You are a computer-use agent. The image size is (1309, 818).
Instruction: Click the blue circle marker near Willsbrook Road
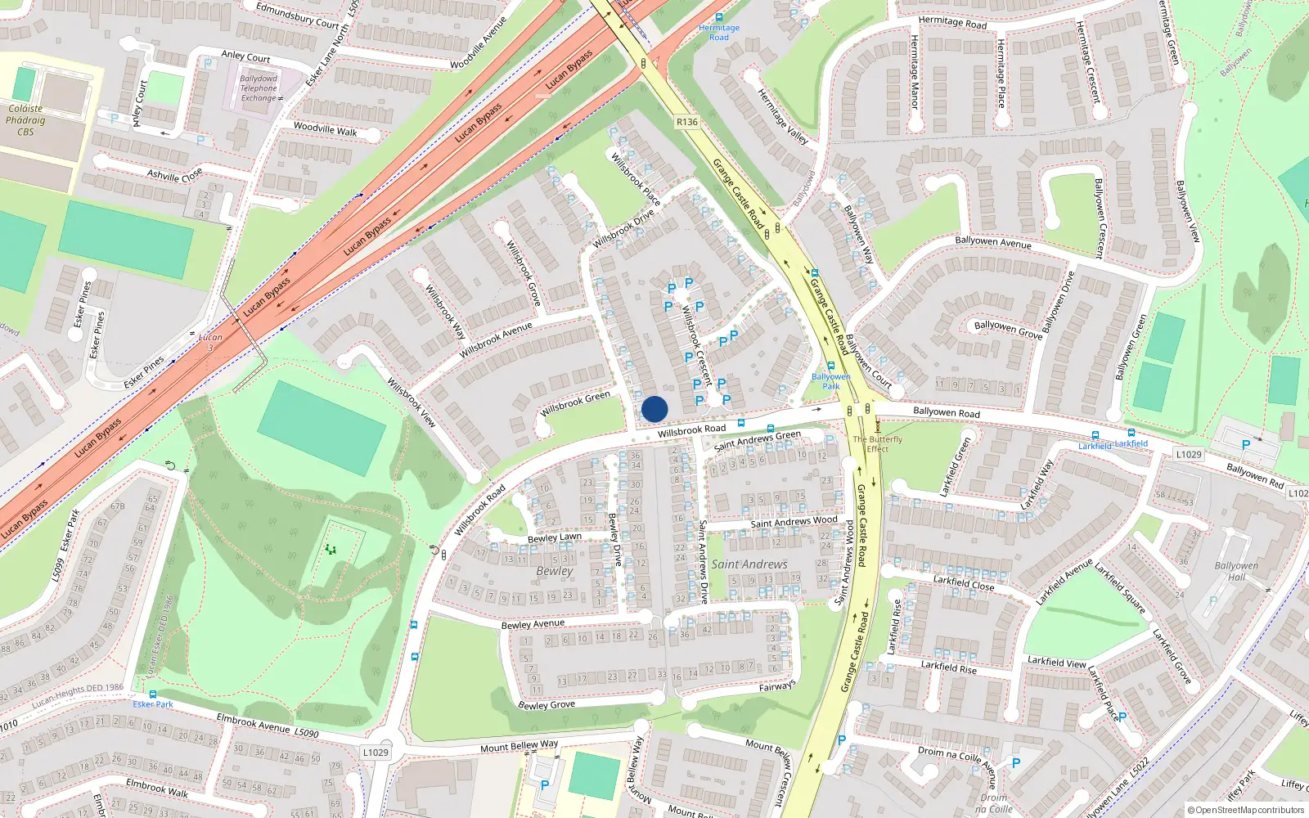pyautogui.click(x=654, y=409)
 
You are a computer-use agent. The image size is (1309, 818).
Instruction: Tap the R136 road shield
pyautogui.click(x=687, y=122)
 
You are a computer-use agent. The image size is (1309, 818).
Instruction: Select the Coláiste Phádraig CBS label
pyautogui.click(x=25, y=119)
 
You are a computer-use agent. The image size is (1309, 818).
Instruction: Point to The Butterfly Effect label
pyautogui.click(x=878, y=444)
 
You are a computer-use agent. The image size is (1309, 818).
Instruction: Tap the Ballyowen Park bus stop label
pyautogui.click(x=831, y=381)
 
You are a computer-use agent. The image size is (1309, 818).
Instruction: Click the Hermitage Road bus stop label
pyautogui.click(x=719, y=32)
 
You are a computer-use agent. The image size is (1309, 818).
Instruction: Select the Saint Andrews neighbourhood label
pyautogui.click(x=749, y=564)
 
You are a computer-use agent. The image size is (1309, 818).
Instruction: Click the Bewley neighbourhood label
pyautogui.click(x=555, y=571)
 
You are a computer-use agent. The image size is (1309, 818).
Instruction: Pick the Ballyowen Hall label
pyautogui.click(x=1236, y=571)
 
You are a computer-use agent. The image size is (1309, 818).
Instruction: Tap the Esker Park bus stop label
pyautogui.click(x=153, y=704)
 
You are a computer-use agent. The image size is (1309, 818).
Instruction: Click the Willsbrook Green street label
pyautogui.click(x=575, y=403)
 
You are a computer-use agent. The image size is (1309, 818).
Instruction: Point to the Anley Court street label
pyautogui.click(x=245, y=56)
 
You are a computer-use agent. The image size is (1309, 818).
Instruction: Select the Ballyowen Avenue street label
pyautogui.click(x=993, y=241)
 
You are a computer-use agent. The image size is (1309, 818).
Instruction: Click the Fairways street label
pyautogui.click(x=777, y=686)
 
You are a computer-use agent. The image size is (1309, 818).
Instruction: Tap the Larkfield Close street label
pyautogui.click(x=964, y=582)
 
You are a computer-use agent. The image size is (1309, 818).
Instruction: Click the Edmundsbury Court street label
pyautogui.click(x=297, y=16)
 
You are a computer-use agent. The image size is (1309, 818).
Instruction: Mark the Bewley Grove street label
pyautogui.click(x=547, y=705)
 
